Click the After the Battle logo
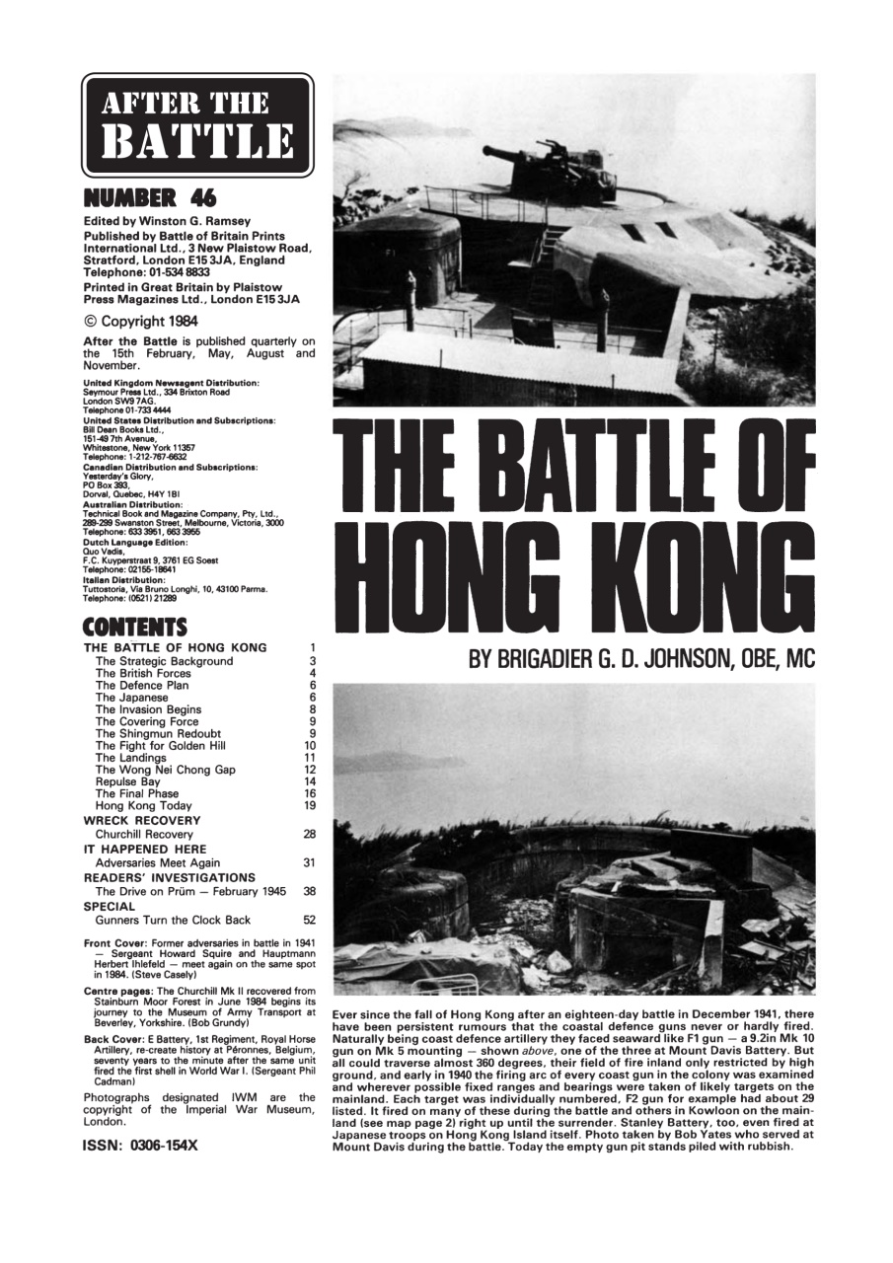[197, 125]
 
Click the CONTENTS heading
[135, 627]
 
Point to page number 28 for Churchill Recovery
[309, 834]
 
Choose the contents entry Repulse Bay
[128, 781]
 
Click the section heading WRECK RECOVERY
[142, 820]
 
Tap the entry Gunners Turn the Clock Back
[173, 920]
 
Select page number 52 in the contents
[309, 920]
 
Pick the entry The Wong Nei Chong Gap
[165, 770]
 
